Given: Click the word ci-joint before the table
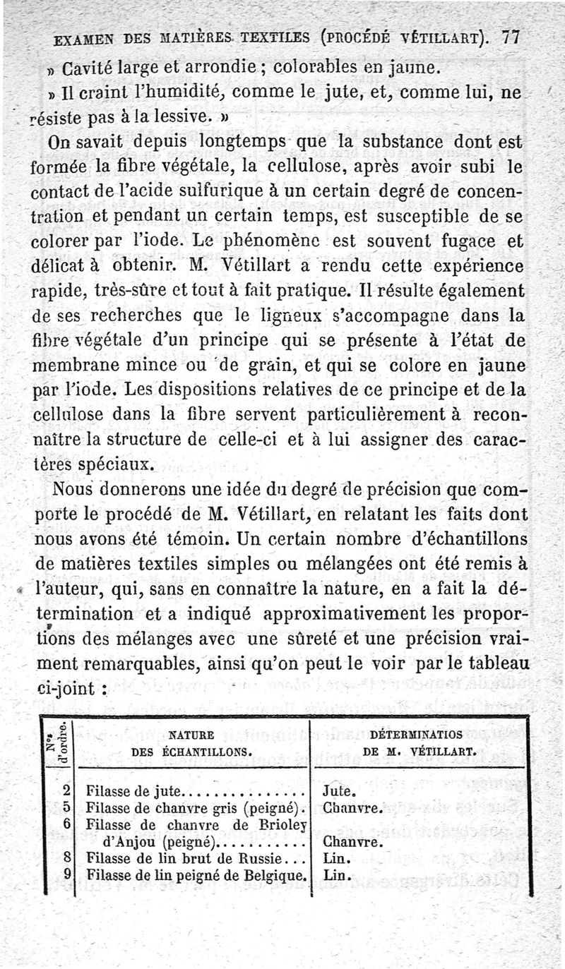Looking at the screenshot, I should click(65, 687).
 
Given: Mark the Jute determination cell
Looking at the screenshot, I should click(338, 791).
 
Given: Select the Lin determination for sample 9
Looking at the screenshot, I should click(335, 876).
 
